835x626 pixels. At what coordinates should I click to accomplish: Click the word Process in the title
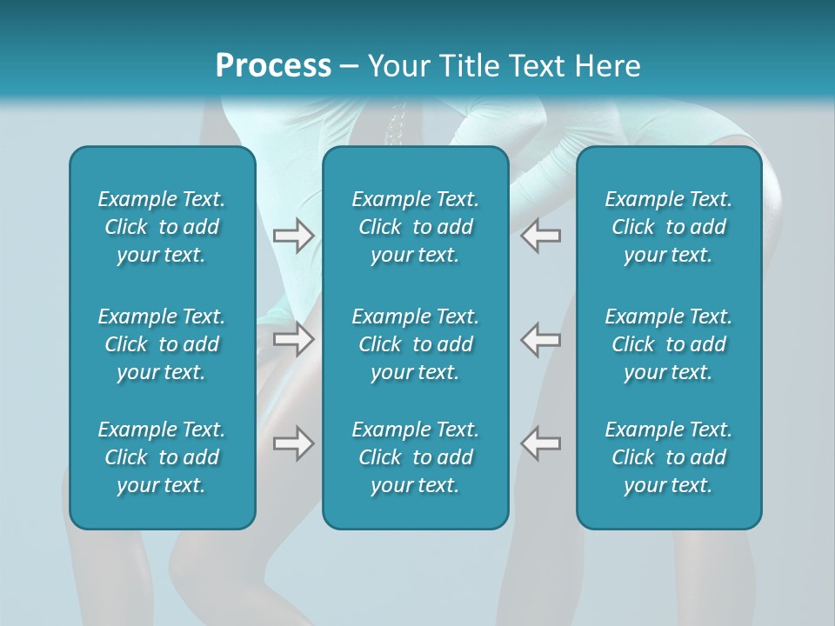273,66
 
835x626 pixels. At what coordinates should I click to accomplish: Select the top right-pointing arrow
293,236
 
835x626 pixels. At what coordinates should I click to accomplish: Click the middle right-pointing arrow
293,339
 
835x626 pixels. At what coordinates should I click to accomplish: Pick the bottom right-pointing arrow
293,443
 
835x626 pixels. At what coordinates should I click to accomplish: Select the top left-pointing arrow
540,236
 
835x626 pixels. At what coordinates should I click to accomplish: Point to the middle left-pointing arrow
540,339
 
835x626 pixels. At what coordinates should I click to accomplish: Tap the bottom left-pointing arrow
540,443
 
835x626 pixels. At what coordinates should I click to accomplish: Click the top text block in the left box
162,227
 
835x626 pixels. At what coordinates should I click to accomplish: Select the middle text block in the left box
162,344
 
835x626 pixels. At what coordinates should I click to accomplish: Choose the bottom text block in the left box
162,457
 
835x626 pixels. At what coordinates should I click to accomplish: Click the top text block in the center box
416,227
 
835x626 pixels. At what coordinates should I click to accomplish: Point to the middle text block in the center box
416,344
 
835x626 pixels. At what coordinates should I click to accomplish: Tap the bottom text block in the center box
416,457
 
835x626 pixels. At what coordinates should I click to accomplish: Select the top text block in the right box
669,227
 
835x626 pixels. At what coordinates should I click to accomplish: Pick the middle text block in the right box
669,344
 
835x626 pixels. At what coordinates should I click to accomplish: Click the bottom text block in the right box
669,457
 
